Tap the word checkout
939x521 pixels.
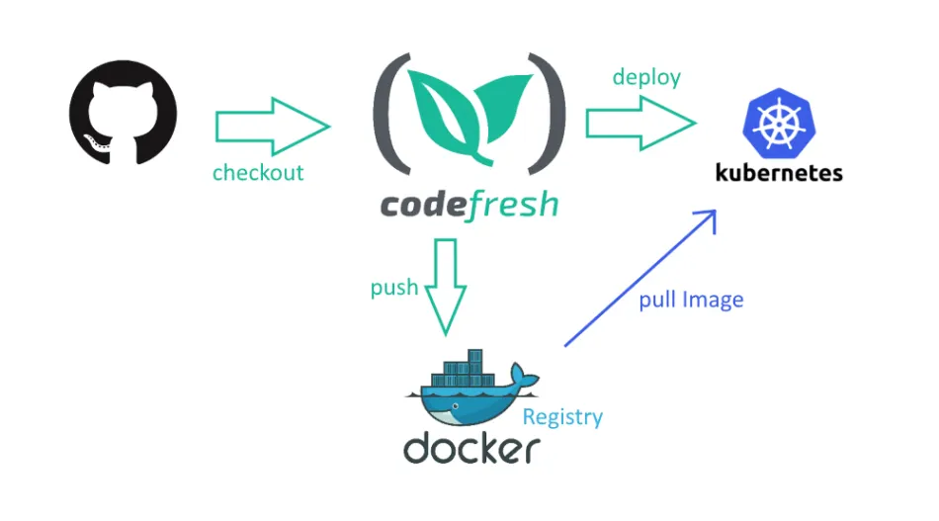258,173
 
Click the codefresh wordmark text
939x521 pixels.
469,205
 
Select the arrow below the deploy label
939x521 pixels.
640,124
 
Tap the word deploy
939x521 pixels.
646,77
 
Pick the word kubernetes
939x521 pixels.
779,173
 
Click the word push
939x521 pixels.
394,288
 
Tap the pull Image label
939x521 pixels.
691,299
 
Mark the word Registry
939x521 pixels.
562,416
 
